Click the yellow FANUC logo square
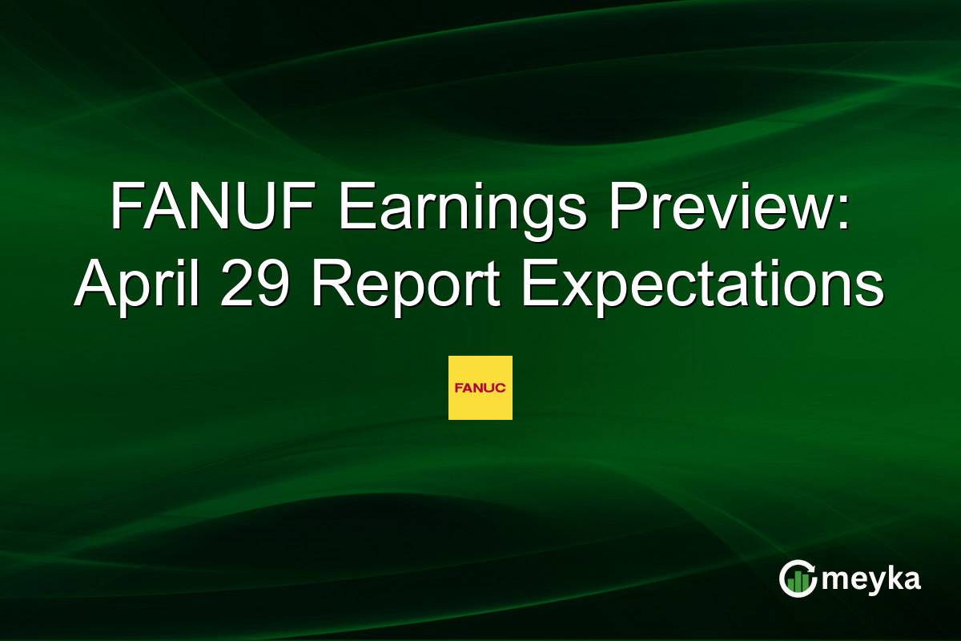click(x=480, y=388)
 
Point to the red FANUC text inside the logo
click(x=480, y=388)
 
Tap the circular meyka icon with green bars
click(x=798, y=579)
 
